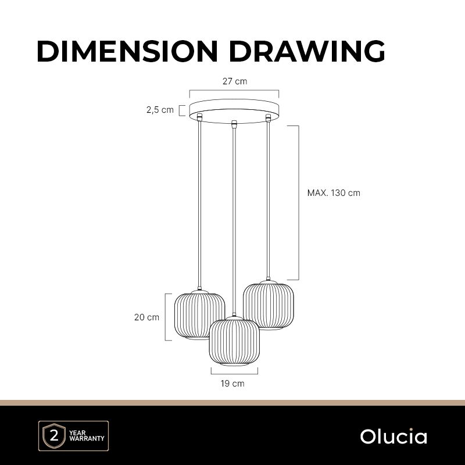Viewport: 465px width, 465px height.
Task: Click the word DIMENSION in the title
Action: click(x=127, y=51)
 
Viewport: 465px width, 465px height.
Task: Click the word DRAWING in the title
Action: click(x=307, y=51)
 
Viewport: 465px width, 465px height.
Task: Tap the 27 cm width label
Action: click(x=235, y=81)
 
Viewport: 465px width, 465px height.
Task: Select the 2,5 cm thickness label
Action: click(x=160, y=110)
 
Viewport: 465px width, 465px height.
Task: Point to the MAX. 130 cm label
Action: click(x=334, y=193)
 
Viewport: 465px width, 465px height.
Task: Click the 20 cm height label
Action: click(x=146, y=317)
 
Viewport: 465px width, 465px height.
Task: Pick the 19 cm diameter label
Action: click(x=233, y=384)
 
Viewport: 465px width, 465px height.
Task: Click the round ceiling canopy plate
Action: click(x=234, y=111)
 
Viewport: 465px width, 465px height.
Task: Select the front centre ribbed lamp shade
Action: click(x=234, y=341)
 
